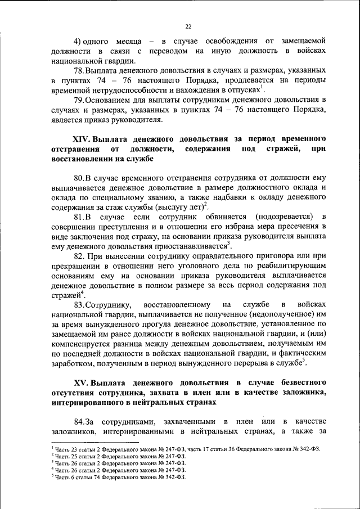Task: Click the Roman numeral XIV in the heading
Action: click(81, 139)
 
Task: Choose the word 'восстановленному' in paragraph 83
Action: click(170, 306)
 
